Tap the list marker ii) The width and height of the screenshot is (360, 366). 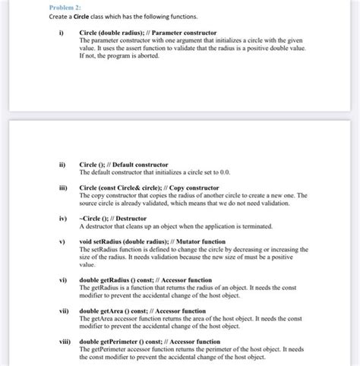[x=53, y=165]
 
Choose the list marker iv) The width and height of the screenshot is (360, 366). [x=54, y=219]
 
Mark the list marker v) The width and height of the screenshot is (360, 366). [x=53, y=242]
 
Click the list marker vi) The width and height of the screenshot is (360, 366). [x=54, y=280]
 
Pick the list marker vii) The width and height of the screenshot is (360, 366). [x=55, y=311]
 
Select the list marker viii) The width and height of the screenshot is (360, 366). [x=55, y=342]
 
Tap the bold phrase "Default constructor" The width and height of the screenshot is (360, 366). [x=141, y=165]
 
